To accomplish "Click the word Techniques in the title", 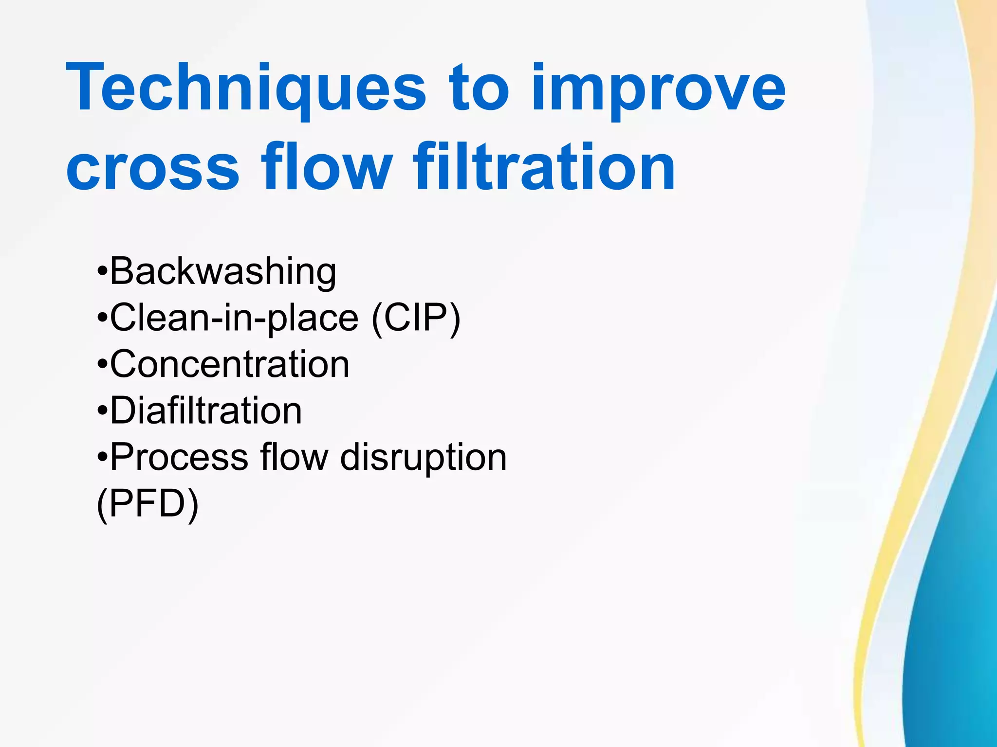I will [x=246, y=90].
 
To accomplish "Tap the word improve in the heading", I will [x=658, y=90].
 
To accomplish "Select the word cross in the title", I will [x=152, y=168].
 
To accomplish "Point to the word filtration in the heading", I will [x=544, y=168].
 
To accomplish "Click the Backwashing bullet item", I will [x=223, y=271].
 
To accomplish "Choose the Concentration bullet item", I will [x=229, y=364].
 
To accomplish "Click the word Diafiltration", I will [x=206, y=411].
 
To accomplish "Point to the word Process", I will [x=179, y=458].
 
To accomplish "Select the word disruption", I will [x=423, y=458].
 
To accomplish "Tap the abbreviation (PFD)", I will [x=148, y=504].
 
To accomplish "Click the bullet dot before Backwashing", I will [x=102, y=271].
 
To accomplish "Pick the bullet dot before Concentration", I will [x=102, y=365].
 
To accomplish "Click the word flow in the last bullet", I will [x=294, y=458].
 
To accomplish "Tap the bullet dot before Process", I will [x=102, y=458].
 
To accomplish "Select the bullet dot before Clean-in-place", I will [x=102, y=318].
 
